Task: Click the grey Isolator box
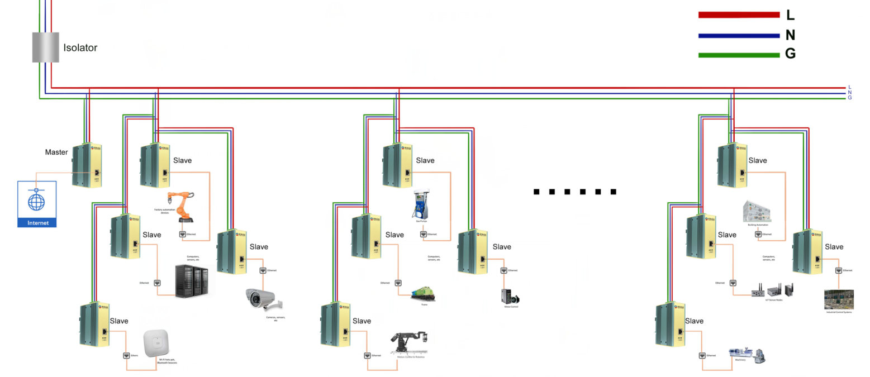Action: coord(45,47)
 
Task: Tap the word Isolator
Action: coord(80,48)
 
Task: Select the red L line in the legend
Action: coord(739,15)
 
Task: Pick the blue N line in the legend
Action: coord(739,36)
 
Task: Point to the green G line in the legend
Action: coord(739,55)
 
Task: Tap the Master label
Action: coord(56,152)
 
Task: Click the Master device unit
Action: coord(87,165)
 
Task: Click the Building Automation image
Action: coord(756,212)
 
